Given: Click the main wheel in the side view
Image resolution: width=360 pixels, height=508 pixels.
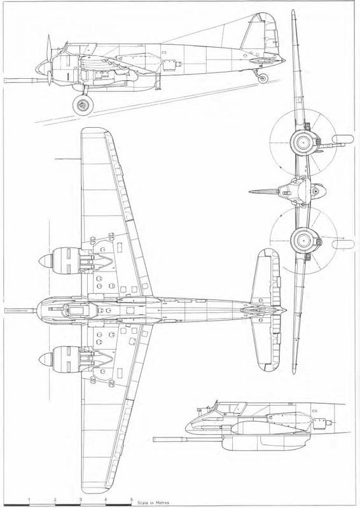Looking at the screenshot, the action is pos(83,105).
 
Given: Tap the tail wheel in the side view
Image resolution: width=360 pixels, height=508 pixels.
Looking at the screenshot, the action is pos(263,78).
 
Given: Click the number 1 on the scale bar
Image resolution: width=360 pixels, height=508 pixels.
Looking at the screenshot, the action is pos(29,499).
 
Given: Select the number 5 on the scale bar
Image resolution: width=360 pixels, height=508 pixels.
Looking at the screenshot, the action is pos(131,499).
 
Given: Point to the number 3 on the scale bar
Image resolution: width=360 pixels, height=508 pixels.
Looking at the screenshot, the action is pos(80,499).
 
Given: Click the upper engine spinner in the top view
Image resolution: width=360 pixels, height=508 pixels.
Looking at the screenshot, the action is pos(46,261).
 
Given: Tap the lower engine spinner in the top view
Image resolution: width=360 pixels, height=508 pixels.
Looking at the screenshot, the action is pos(46,359).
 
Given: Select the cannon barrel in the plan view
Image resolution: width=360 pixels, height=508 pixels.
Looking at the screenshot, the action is pos(20,310).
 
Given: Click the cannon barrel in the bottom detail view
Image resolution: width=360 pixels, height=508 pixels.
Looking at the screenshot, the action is pos(187,439).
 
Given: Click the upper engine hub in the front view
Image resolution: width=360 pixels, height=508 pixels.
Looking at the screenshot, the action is pos(303,142).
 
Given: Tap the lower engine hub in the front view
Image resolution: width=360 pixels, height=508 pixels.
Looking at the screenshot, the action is pos(303,240).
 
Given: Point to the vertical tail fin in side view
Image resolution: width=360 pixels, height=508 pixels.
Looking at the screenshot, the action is pos(260,34).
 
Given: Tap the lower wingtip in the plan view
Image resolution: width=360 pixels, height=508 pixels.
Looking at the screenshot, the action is pos(95,489).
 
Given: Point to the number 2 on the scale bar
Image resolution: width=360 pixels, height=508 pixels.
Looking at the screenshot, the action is pos(55,499).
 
